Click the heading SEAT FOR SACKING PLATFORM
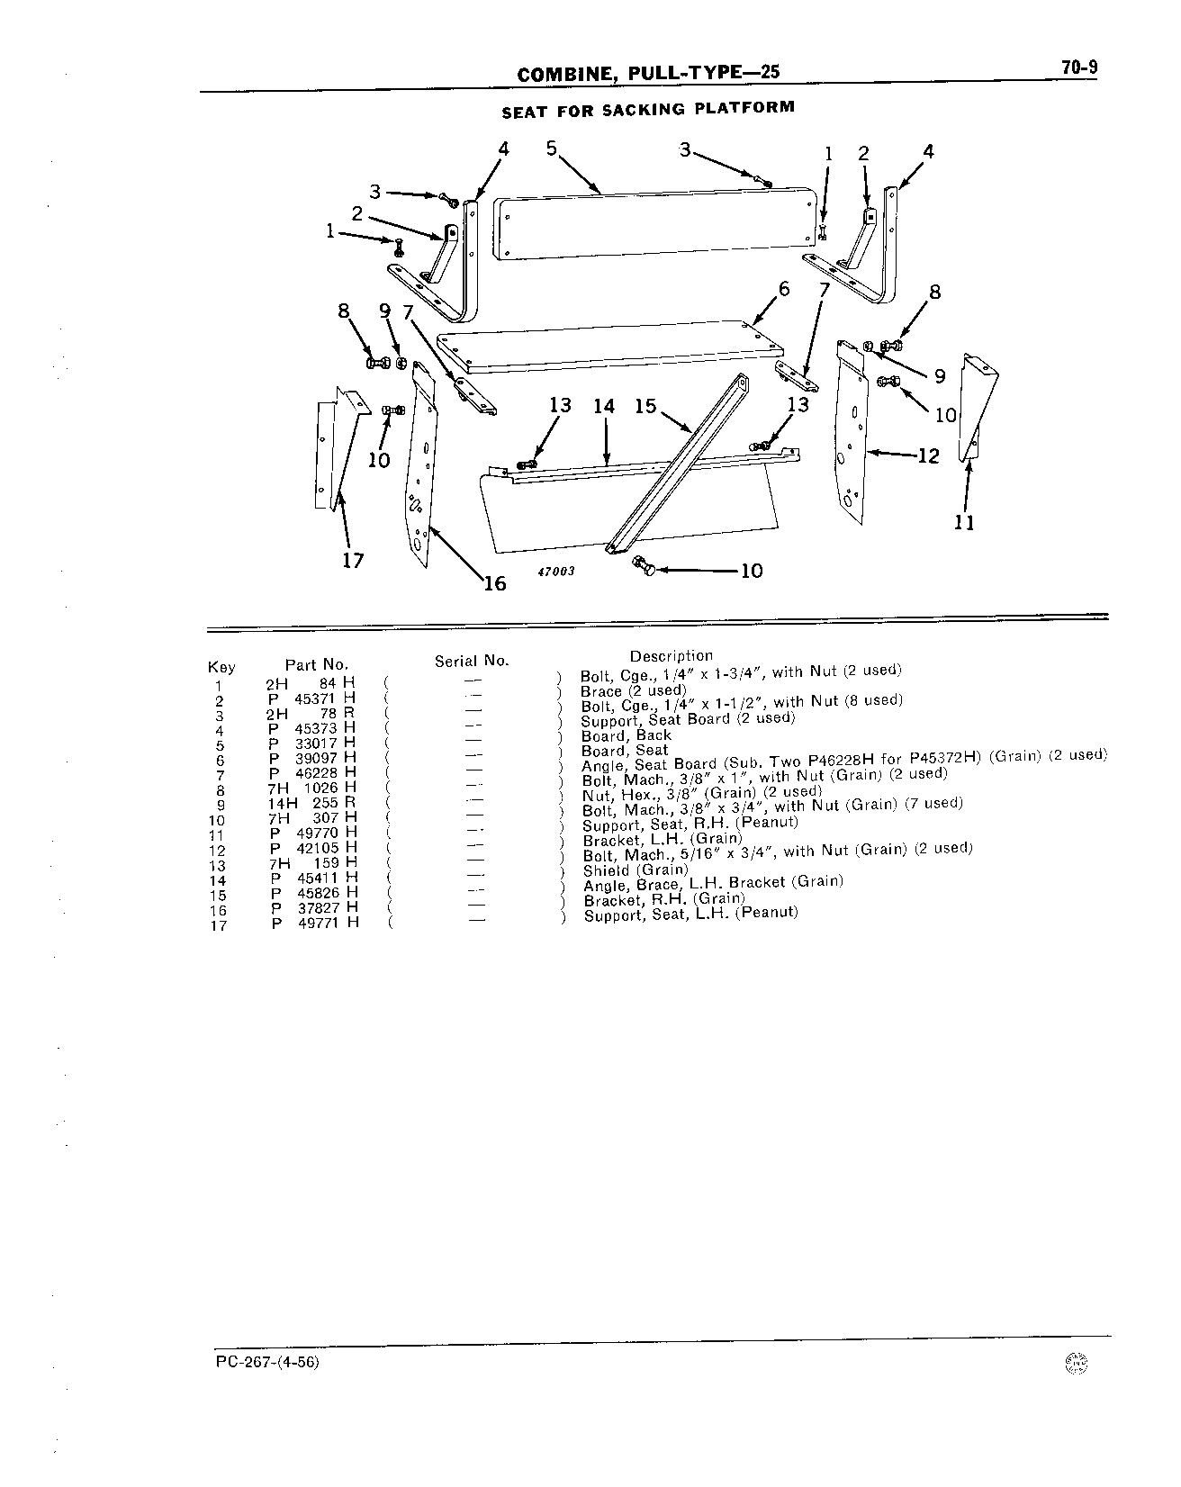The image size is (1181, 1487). click(x=648, y=110)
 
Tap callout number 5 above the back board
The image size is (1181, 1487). click(x=552, y=149)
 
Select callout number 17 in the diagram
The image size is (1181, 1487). click(x=353, y=561)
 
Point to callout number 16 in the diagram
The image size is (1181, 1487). click(x=495, y=583)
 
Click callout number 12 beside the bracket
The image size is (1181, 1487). click(x=928, y=456)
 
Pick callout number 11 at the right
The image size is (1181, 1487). click(x=964, y=522)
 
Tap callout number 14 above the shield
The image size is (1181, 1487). click(x=603, y=407)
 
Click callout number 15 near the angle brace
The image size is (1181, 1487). click(x=645, y=407)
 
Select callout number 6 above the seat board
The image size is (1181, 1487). click(x=784, y=289)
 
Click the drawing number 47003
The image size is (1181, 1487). click(x=555, y=572)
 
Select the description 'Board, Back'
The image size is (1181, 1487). click(x=627, y=735)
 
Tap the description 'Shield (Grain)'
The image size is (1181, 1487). click(x=636, y=870)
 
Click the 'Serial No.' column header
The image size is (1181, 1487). click(x=472, y=661)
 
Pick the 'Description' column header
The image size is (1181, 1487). click(x=672, y=656)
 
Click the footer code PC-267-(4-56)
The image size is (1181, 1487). click(x=262, y=1361)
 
